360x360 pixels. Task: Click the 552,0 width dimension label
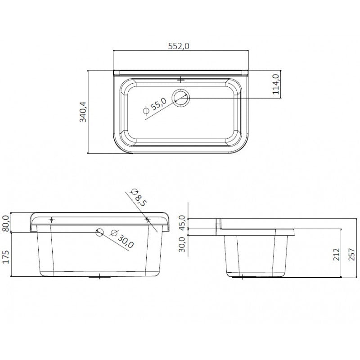179,46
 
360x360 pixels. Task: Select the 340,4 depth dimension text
83,112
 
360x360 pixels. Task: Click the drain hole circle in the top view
181,98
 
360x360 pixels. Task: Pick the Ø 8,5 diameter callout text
138,198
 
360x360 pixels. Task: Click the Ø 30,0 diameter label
121,239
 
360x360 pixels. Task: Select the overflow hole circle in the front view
99,232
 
